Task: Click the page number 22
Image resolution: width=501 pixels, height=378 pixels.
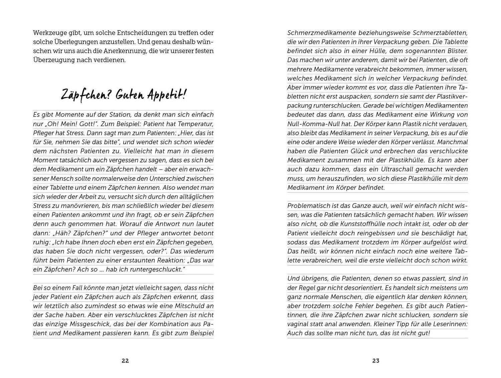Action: [125, 361]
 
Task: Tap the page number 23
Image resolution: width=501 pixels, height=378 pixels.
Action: [376, 361]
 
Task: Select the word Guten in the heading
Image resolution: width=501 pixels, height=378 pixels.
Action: [130, 95]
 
